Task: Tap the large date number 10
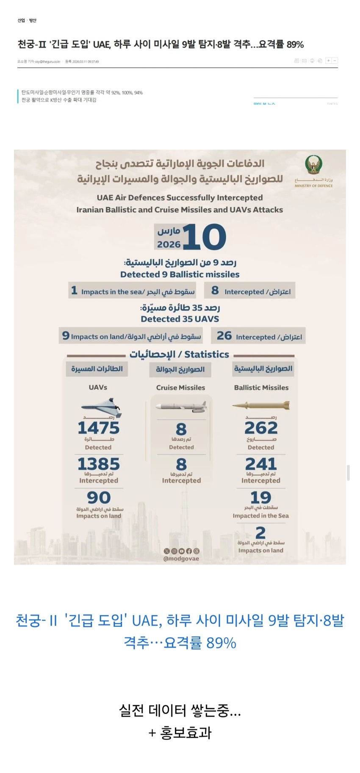point(204,237)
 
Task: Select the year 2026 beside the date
point(169,244)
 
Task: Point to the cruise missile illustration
point(181,407)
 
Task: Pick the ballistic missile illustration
point(261,406)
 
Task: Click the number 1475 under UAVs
point(98,428)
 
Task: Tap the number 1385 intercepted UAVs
point(98,464)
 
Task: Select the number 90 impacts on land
point(99,498)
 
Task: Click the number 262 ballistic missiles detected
point(261,428)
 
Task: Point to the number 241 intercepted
point(261,464)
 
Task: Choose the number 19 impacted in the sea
point(261,497)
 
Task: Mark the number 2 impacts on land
point(261,532)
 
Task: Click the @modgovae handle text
point(181,559)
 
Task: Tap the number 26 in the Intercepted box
point(224,336)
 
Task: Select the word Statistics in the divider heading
point(207,355)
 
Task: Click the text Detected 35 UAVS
point(180,319)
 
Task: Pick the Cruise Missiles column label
point(180,388)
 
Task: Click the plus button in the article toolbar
point(328,61)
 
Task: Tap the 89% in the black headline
point(295,44)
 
